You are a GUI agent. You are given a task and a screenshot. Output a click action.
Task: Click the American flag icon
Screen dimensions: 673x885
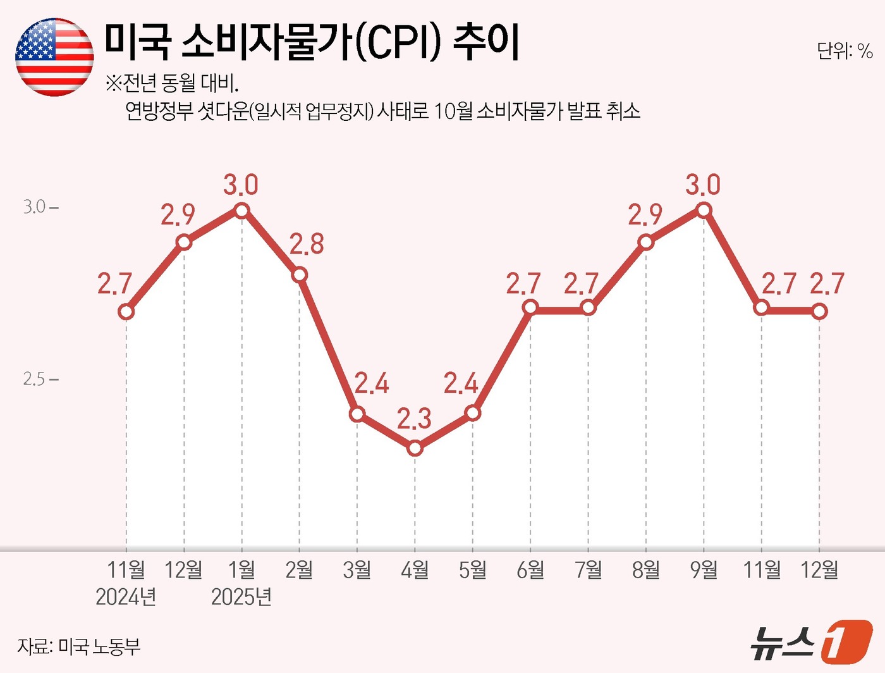[54, 57]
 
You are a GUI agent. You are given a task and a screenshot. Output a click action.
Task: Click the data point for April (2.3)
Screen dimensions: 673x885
[415, 448]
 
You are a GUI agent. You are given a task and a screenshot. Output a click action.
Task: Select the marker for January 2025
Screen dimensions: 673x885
[241, 210]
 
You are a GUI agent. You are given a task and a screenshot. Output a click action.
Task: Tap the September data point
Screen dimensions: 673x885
[704, 210]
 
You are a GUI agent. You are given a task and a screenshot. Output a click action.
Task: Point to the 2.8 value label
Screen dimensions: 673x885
[307, 245]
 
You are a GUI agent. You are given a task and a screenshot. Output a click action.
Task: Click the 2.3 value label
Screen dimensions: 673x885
[414, 419]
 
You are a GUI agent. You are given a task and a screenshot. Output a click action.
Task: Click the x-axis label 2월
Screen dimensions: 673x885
[299, 570]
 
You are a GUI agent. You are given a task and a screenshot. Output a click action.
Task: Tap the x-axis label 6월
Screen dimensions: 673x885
[530, 570]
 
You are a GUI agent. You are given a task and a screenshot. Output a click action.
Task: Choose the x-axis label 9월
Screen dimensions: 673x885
[704, 570]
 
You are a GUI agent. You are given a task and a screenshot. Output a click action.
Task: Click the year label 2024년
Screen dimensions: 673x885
[126, 596]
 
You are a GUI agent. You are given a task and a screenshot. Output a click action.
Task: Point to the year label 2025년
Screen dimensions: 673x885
[241, 596]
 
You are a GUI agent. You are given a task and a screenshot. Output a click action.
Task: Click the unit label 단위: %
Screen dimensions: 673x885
[845, 51]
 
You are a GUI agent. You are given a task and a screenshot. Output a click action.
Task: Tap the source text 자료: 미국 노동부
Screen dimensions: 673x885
[79, 646]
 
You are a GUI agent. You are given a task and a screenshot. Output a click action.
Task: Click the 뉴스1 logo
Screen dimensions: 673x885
[811, 642]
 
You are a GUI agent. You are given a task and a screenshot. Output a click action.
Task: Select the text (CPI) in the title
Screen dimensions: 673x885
[397, 43]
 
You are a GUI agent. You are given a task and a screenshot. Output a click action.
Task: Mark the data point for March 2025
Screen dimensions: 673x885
[357, 414]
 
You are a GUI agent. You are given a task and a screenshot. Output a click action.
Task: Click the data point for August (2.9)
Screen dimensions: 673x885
[645, 242]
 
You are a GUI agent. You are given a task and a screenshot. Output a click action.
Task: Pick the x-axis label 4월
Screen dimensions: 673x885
[415, 570]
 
